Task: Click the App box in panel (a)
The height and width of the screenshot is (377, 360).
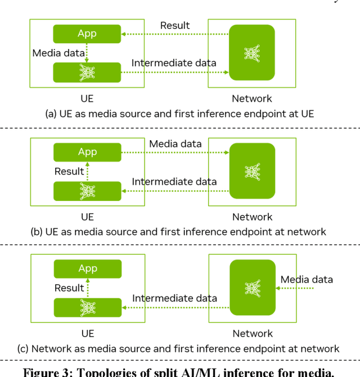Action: click(x=87, y=34)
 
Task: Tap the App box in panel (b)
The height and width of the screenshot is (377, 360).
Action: click(x=87, y=152)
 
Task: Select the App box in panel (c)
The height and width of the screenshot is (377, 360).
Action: click(x=87, y=269)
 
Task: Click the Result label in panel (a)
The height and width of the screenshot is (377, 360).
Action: click(x=175, y=25)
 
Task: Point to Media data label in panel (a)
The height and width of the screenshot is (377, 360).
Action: click(x=58, y=53)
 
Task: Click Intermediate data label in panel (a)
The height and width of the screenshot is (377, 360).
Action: click(x=174, y=63)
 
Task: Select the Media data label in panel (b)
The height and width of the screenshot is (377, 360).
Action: click(x=175, y=144)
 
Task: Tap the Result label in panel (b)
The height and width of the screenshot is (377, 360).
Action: click(x=69, y=171)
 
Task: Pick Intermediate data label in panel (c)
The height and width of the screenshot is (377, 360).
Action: click(x=174, y=298)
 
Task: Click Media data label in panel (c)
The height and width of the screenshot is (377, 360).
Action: click(x=307, y=280)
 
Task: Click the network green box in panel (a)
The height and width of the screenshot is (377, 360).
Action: click(x=251, y=52)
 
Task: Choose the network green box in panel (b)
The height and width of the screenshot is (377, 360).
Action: click(x=252, y=170)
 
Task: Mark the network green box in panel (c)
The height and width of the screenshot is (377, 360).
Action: click(x=252, y=288)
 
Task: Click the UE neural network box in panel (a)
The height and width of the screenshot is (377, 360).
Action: click(x=87, y=73)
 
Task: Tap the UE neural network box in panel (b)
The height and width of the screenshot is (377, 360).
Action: click(x=87, y=191)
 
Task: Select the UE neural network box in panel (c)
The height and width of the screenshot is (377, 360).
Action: click(x=87, y=308)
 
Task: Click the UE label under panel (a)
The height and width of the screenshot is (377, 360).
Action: click(x=87, y=99)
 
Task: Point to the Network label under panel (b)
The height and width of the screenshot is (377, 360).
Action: click(x=252, y=217)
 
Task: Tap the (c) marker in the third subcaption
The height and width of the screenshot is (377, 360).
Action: click(x=23, y=349)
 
